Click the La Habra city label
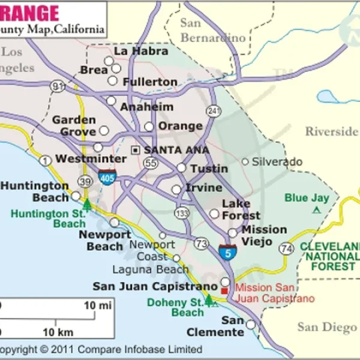(141, 51)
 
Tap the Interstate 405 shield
(108, 177)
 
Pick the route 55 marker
(151, 163)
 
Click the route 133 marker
(181, 213)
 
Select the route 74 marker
(288, 247)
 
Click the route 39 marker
(86, 182)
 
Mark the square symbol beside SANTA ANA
(136, 149)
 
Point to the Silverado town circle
(245, 161)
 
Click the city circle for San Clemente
(250, 324)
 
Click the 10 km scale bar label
(57, 332)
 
